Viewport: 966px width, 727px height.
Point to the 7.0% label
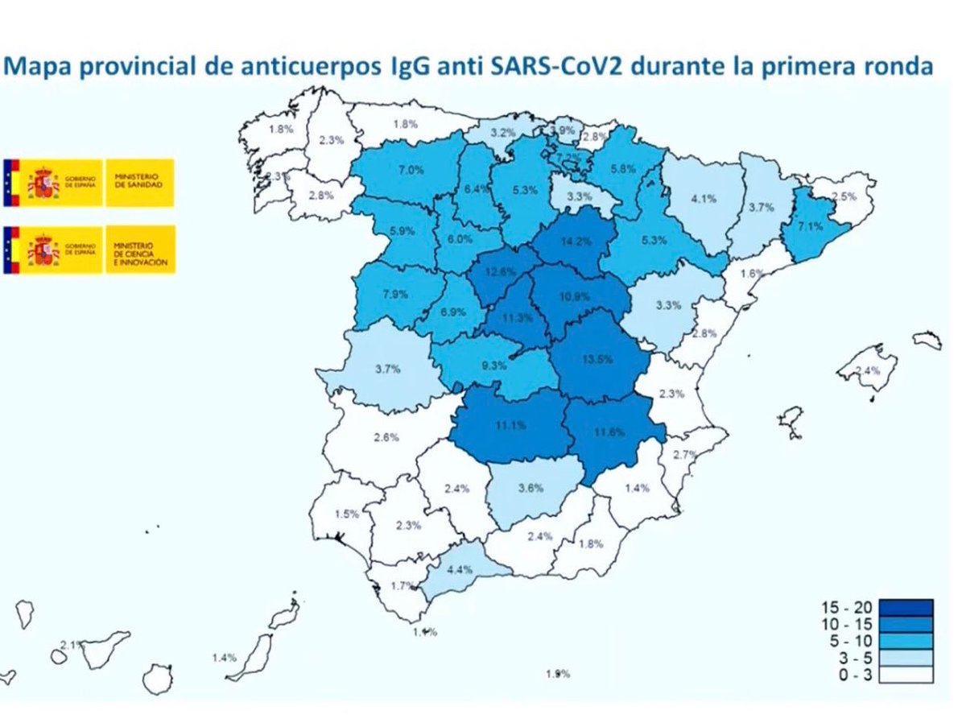pyautogui.click(x=411, y=170)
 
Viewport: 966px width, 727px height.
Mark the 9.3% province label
pyautogui.click(x=494, y=365)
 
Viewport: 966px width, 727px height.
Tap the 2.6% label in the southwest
pyautogui.click(x=387, y=437)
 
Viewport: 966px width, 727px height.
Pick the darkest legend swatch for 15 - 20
pyautogui.click(x=906, y=606)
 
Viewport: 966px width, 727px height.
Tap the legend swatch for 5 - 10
pyautogui.click(x=906, y=641)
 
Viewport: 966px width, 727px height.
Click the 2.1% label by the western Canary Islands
pyautogui.click(x=72, y=645)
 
